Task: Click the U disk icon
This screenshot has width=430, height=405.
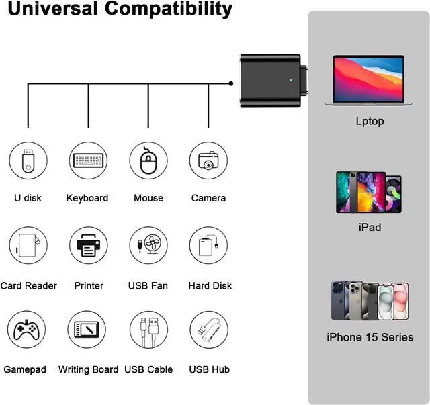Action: (28, 161)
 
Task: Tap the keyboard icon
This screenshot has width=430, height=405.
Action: (87, 161)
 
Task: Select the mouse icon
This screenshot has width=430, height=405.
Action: (148, 161)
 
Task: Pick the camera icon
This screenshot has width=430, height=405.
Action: (208, 161)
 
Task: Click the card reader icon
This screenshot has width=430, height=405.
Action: (28, 245)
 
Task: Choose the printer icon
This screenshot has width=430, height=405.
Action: (88, 246)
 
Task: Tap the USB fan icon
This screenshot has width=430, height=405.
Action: (148, 246)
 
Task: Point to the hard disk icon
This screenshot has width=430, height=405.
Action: (208, 246)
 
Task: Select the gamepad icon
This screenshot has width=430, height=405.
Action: (28, 330)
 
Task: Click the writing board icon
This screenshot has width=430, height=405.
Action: (88, 330)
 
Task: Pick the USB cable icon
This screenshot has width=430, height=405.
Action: (148, 330)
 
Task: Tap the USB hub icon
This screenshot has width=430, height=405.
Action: (208, 330)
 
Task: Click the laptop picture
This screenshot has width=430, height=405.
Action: (369, 80)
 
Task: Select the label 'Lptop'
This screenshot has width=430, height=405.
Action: (370, 122)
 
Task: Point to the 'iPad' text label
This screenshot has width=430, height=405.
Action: (370, 228)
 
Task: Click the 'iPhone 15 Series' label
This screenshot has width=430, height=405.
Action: (370, 337)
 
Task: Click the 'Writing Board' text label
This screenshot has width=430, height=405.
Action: (88, 370)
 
